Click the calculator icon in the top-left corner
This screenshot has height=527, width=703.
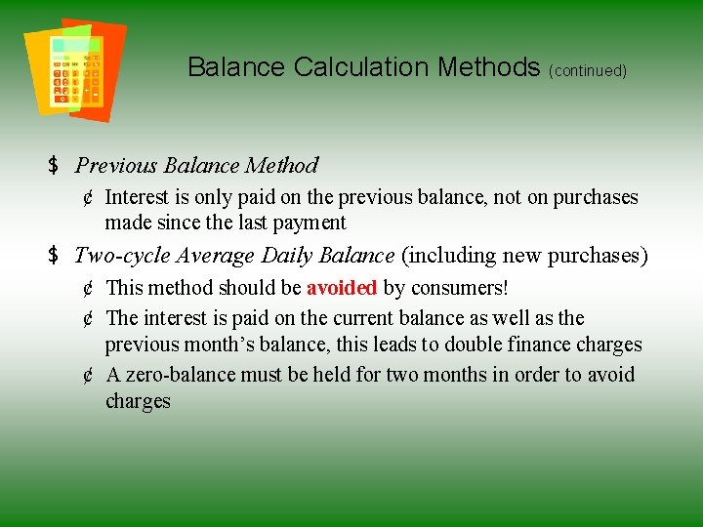point(74,68)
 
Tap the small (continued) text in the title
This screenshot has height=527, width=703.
point(588,71)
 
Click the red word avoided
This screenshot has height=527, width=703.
point(342,289)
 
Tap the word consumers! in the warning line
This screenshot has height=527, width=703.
point(458,289)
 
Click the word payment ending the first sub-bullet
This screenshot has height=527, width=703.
point(310,223)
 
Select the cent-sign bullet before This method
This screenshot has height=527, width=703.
point(88,289)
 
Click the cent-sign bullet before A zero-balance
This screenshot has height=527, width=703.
point(88,375)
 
